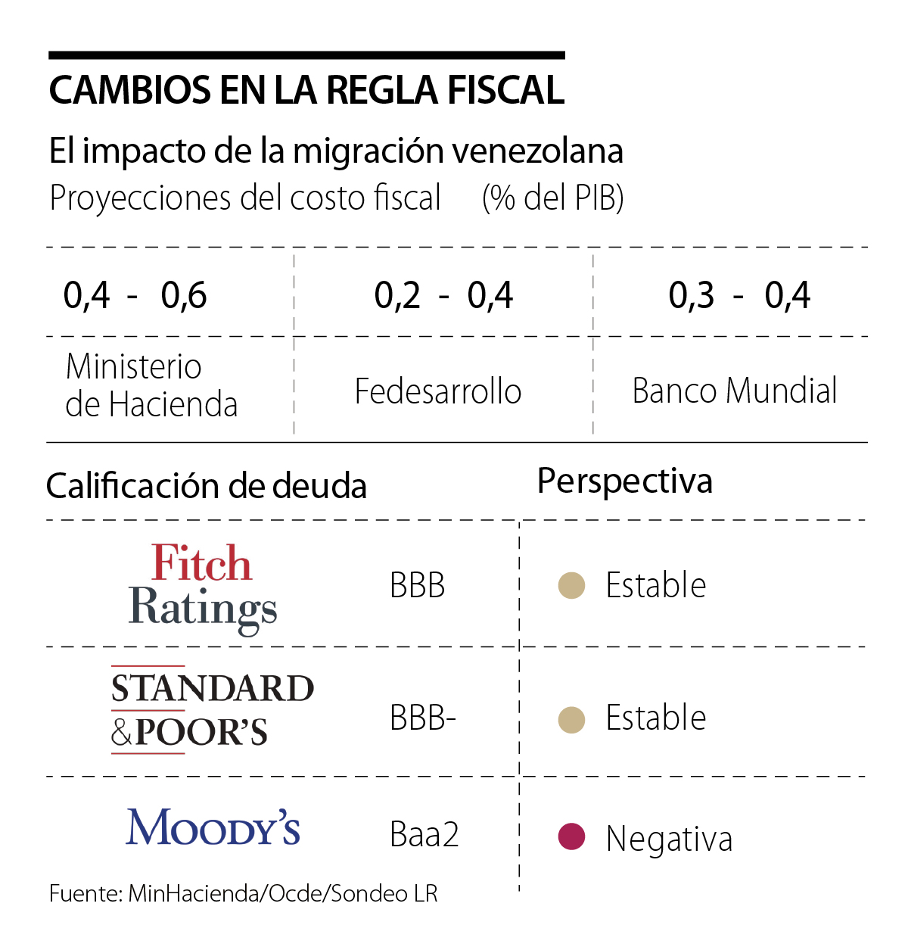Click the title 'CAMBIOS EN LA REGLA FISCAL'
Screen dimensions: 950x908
click(x=306, y=90)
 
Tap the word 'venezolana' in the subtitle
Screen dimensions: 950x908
click(x=538, y=151)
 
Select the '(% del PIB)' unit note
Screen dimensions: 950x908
click(x=552, y=198)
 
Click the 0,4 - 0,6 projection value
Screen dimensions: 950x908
click(x=135, y=295)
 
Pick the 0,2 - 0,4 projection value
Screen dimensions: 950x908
click(x=443, y=295)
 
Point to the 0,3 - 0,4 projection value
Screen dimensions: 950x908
click(x=739, y=295)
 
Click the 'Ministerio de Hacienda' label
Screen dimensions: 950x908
click(x=151, y=385)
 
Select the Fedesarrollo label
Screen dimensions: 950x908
click(x=438, y=391)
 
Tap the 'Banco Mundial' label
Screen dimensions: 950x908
click(x=735, y=391)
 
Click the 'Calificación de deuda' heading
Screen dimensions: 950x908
click(x=207, y=486)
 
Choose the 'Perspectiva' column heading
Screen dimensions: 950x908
click(x=625, y=481)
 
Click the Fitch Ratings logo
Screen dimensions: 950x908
click(x=202, y=587)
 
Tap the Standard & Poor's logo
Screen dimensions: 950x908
click(x=212, y=710)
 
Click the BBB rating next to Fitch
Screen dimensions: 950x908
click(x=417, y=586)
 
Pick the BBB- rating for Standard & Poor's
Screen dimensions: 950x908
click(x=422, y=718)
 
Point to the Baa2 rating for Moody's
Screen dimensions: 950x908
click(x=424, y=835)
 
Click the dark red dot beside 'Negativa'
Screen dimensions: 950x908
click(x=571, y=836)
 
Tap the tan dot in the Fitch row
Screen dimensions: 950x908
click(x=571, y=585)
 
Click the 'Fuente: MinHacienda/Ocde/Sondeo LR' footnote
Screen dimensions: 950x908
click(x=244, y=894)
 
